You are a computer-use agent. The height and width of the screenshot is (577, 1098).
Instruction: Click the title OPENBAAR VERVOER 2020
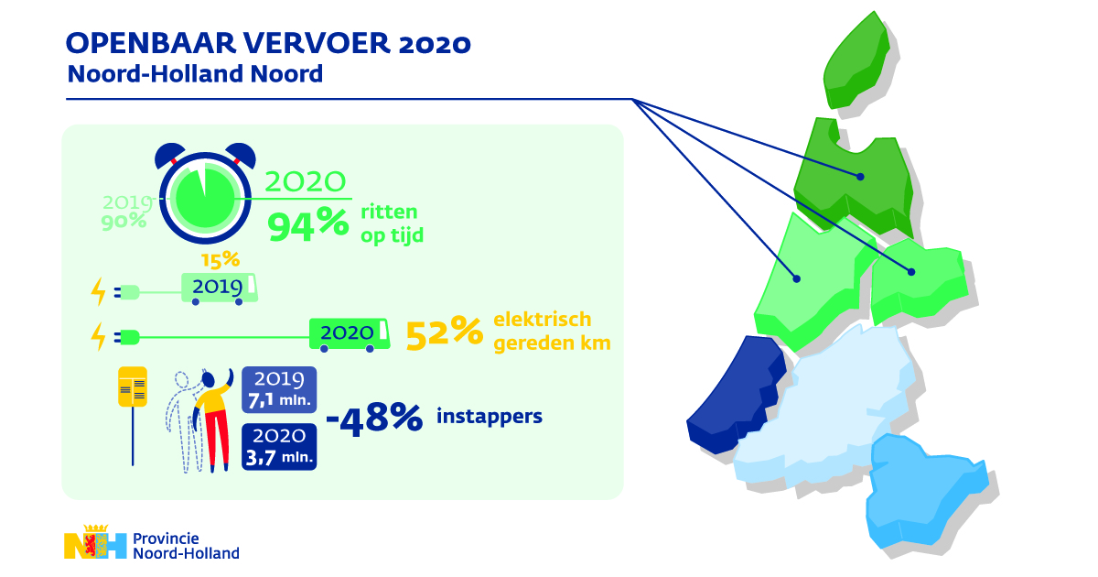pos(270,44)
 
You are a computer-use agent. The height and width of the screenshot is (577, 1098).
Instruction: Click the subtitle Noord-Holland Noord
pos(195,74)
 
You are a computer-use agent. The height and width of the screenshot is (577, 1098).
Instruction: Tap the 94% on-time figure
pos(307,223)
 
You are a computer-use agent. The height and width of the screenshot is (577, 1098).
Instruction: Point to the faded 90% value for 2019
pos(124,221)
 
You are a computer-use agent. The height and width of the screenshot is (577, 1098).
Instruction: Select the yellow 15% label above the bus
pos(220,260)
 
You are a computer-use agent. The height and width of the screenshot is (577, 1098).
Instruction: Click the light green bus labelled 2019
pos(220,288)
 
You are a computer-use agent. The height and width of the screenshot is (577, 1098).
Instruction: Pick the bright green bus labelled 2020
pos(348,334)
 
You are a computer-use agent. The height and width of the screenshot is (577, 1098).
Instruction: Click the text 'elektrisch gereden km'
pos(552,332)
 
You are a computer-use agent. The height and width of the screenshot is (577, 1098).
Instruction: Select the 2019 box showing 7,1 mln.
pos(278,389)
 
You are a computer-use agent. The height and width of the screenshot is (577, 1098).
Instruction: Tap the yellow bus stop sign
pos(133,386)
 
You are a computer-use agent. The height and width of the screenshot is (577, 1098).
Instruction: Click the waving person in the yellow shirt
pos(213,417)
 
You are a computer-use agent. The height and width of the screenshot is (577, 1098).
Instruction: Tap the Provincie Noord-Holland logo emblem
pos(95,546)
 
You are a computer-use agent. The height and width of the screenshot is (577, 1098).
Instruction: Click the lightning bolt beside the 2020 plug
pos(98,336)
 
